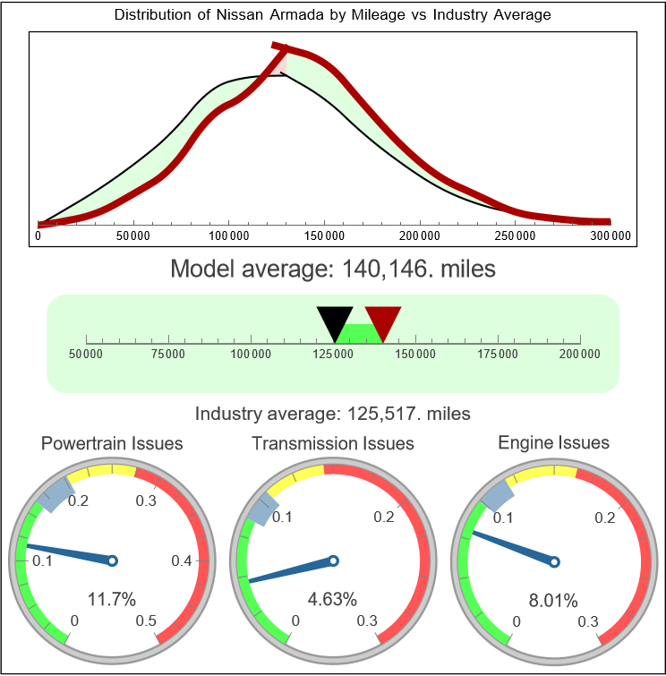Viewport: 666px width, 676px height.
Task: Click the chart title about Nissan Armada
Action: (333, 15)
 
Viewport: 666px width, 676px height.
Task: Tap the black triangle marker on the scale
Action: (335, 321)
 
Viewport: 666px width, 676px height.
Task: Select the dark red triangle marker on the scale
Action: (383, 321)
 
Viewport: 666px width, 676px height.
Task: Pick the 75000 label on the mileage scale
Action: (168, 355)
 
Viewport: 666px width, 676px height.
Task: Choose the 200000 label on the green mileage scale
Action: (581, 355)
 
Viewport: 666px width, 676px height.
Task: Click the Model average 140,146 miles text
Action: (333, 269)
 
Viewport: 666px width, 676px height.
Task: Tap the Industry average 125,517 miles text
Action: (333, 414)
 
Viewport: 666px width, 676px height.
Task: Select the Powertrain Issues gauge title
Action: (112, 443)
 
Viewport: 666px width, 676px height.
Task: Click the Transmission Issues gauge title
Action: (333, 443)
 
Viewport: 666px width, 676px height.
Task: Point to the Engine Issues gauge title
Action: (553, 442)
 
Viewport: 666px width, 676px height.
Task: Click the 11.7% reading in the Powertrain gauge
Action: (112, 599)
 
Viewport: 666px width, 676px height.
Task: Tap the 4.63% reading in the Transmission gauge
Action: (333, 599)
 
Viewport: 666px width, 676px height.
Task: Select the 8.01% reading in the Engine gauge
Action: (553, 600)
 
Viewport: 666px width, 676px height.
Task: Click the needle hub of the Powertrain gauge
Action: (113, 560)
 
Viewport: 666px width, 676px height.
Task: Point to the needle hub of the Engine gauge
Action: (554, 561)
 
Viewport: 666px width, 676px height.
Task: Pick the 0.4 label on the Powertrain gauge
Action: (182, 561)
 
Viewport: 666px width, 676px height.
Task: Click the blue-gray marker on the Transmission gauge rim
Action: (260, 510)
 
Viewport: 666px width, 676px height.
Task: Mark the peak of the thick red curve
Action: (277, 46)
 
